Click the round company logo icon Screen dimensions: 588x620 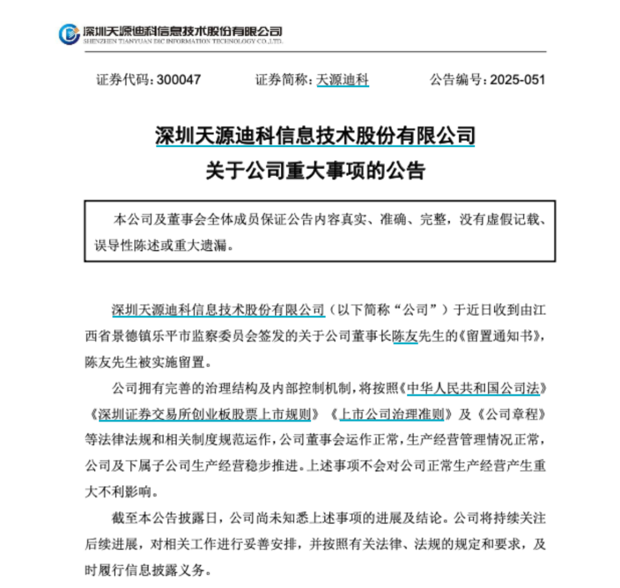pos(68,33)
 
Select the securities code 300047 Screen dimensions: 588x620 pos(178,79)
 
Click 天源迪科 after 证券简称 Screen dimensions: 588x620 pos(343,79)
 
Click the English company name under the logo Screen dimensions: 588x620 pos(181,42)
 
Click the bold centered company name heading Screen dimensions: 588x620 pos(315,136)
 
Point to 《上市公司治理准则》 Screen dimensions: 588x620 pos(391,415)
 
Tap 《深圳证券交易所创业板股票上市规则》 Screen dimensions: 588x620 pos(204,415)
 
